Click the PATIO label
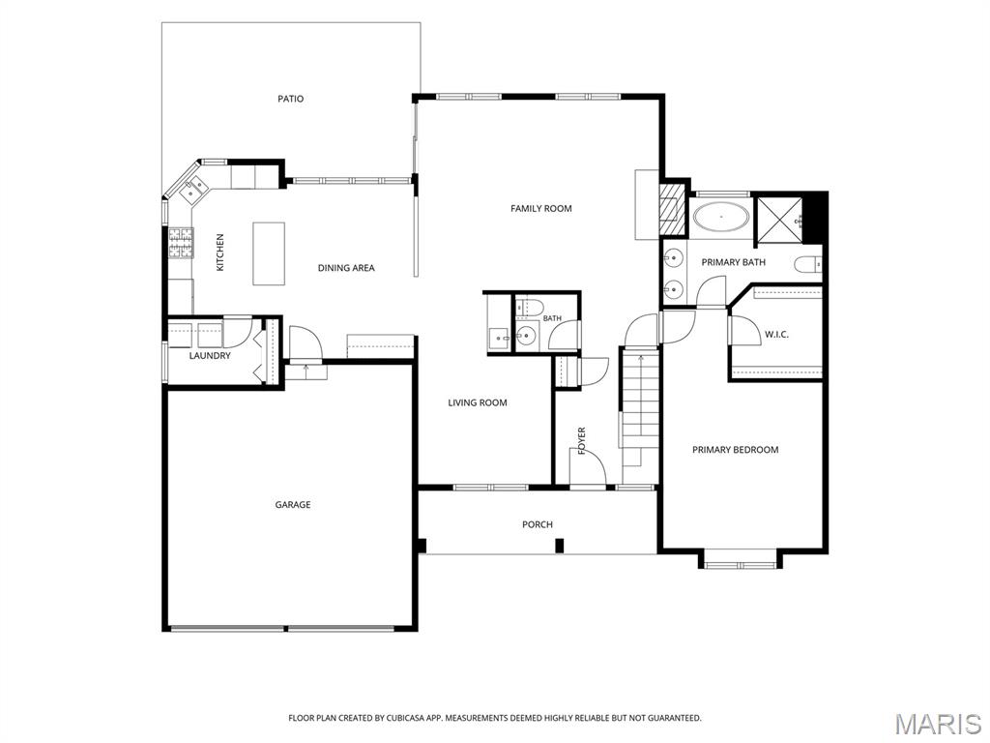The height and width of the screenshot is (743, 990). click(290, 99)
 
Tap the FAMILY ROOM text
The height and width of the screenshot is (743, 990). click(541, 209)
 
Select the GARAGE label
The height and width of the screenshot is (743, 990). click(292, 504)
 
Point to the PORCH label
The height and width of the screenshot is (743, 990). click(538, 524)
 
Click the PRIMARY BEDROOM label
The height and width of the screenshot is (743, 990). click(735, 450)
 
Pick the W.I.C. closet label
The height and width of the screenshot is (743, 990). click(776, 334)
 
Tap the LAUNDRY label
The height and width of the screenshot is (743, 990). click(210, 356)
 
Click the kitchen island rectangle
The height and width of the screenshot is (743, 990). click(269, 253)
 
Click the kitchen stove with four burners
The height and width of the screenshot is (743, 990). click(180, 243)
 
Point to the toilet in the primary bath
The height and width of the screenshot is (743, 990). click(808, 263)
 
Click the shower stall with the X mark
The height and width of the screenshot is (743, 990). click(780, 220)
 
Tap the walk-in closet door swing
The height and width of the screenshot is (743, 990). click(745, 330)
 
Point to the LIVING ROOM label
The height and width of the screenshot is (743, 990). click(478, 403)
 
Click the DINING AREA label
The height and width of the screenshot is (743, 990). click(346, 268)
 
